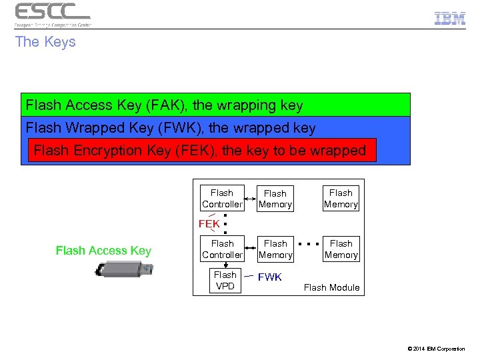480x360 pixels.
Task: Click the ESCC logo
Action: coord(53,14)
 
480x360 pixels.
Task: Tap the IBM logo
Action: coord(450,19)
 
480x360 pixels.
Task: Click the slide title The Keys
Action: coord(45,42)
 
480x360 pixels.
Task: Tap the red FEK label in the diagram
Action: coord(209,223)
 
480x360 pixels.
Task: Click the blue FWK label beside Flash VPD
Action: coord(270,277)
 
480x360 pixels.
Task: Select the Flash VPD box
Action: coord(225,281)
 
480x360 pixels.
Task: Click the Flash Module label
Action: coord(331,288)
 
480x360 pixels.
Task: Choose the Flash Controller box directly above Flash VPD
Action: coord(222,249)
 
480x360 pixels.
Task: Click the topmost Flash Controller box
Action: coord(222,199)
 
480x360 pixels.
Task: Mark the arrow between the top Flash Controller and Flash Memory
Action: coord(251,199)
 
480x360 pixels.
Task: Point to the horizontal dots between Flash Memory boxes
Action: coord(309,244)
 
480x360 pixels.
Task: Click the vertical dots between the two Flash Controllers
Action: coord(226,223)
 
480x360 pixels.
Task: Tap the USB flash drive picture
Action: coord(124,270)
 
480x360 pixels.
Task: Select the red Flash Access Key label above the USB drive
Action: coord(103,251)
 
